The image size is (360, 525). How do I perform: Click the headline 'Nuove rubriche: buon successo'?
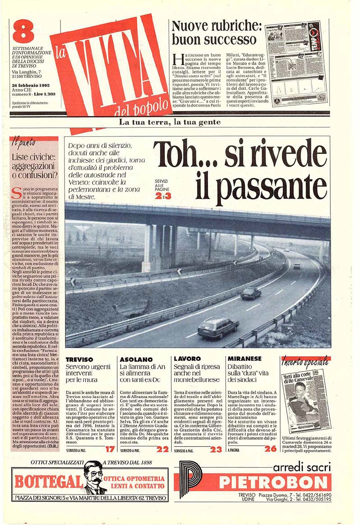(214, 32)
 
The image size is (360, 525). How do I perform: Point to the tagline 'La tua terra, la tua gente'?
(170, 122)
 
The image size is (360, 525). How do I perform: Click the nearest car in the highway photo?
(218, 326)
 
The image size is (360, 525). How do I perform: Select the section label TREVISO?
(79, 359)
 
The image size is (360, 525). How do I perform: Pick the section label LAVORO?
(187, 359)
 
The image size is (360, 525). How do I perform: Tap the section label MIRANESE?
(245, 359)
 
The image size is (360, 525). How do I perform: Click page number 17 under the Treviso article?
(110, 449)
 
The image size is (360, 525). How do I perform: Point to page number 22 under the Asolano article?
(162, 449)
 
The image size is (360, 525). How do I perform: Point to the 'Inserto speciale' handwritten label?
(305, 362)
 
